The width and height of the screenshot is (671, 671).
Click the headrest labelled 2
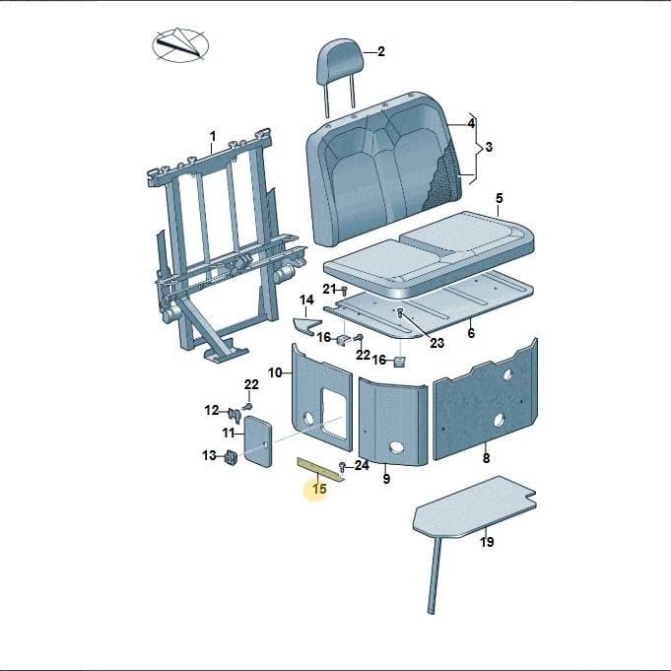(x=340, y=64)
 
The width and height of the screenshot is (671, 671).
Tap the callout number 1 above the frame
(x=213, y=137)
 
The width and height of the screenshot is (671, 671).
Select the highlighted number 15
(x=319, y=489)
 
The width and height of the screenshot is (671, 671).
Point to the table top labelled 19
(x=474, y=506)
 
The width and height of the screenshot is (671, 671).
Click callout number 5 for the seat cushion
(x=499, y=199)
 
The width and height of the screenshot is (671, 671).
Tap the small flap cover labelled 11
(x=257, y=440)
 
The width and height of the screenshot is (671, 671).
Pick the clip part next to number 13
(x=232, y=457)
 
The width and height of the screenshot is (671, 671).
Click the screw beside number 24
(x=342, y=466)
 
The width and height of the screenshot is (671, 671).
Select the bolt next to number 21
(x=343, y=291)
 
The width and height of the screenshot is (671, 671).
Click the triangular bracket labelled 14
(x=307, y=326)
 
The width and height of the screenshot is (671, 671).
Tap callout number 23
(x=436, y=343)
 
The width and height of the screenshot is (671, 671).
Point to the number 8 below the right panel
(x=486, y=458)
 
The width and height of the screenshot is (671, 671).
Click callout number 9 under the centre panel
(x=386, y=479)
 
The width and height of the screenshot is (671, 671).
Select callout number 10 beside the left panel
(x=275, y=372)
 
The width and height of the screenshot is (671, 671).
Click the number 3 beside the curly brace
(x=489, y=147)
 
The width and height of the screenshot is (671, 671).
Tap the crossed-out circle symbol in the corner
(x=180, y=45)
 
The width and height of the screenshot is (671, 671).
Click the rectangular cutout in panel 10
(x=334, y=413)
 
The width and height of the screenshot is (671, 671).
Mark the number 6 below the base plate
(x=471, y=333)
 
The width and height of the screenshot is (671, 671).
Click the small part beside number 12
(x=235, y=414)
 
